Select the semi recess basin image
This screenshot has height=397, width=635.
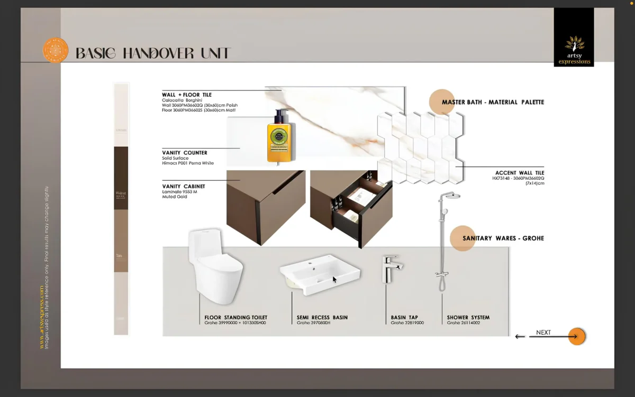[x=320, y=273]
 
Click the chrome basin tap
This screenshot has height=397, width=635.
[x=391, y=269]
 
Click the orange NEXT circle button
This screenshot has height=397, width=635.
[x=576, y=336]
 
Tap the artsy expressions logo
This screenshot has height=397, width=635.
[x=574, y=50]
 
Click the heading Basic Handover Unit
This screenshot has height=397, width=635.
[x=153, y=53]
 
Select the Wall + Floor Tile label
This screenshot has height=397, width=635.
[x=187, y=95]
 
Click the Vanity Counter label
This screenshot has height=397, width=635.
[x=185, y=153]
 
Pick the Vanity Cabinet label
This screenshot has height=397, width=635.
[x=184, y=186]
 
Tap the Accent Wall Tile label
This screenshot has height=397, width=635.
[x=519, y=173]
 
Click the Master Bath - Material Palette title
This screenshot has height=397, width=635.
[x=493, y=102]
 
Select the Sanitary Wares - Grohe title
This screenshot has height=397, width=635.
[x=503, y=238]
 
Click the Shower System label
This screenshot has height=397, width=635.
[x=468, y=318]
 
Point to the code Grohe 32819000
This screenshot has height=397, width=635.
[x=407, y=323]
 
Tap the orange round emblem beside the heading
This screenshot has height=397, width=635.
[x=56, y=51]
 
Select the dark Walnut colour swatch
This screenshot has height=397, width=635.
[x=121, y=178]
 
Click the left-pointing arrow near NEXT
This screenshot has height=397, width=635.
[x=520, y=336]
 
